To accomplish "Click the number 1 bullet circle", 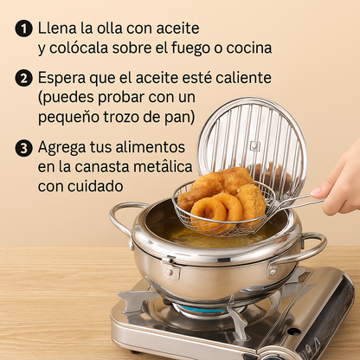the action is [x=23, y=29].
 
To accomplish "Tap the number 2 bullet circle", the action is [x=23, y=78].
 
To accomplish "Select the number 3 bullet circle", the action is [x=23, y=148].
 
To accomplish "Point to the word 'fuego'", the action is [x=195, y=48].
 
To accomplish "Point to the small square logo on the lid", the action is [x=254, y=146].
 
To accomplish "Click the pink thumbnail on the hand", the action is [x=317, y=191].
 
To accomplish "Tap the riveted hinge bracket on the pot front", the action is [x=170, y=268].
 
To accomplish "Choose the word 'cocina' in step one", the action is [x=249, y=48].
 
